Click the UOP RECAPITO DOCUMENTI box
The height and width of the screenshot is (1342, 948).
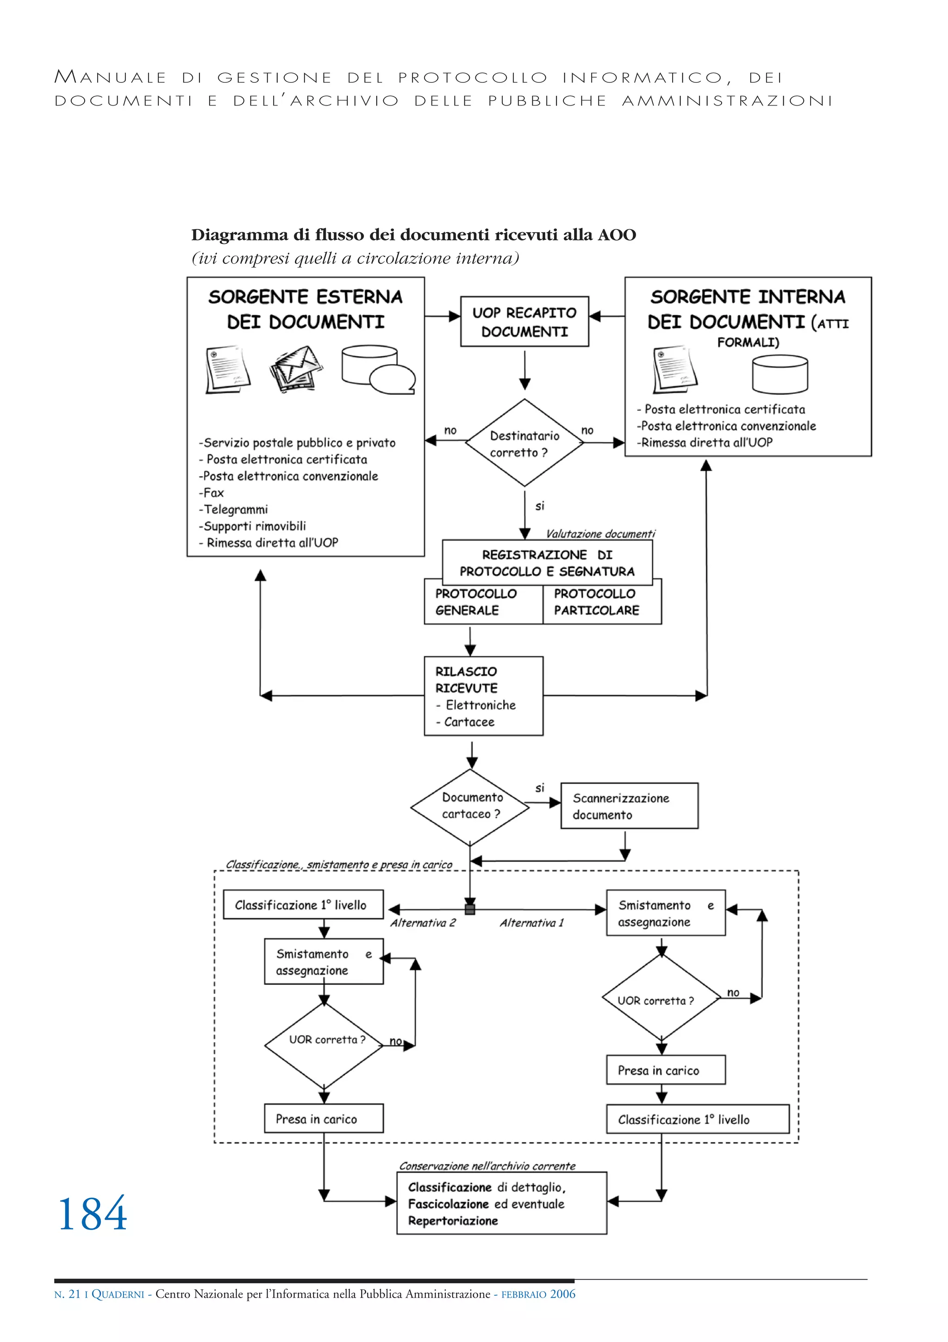tap(524, 322)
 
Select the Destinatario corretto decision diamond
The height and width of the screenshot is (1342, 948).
tap(524, 443)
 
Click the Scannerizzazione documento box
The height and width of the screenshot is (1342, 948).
tap(629, 806)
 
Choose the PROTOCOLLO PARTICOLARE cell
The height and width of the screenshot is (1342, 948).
tap(601, 602)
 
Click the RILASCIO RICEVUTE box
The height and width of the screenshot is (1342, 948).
tap(483, 696)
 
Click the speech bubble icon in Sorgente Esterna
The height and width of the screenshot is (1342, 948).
tap(393, 379)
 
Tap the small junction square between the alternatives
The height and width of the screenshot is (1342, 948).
tap(470, 909)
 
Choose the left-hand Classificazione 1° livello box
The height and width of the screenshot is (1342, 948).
tap(303, 905)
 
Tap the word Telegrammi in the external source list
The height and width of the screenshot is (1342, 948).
tap(236, 509)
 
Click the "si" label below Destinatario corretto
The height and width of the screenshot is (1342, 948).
tap(539, 506)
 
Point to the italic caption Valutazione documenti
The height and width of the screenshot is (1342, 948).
tap(600, 534)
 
